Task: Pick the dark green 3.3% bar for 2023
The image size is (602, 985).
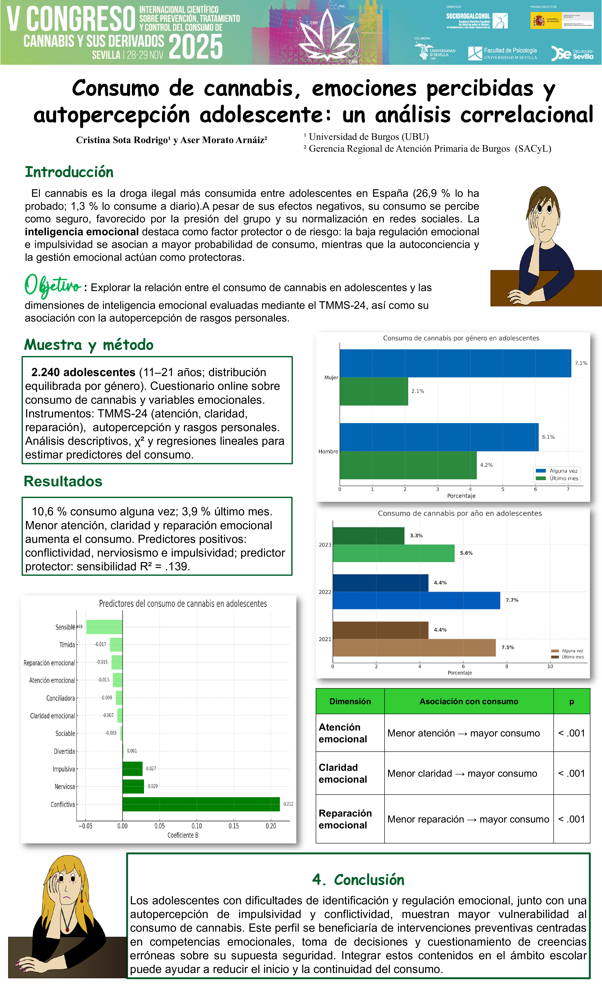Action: pos(368,536)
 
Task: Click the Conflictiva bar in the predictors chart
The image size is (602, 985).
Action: pos(201,804)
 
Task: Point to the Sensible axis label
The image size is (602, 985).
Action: pos(65,627)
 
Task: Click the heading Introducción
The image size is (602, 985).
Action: pos(69,172)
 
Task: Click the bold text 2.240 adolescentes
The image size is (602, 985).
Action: pos(83,372)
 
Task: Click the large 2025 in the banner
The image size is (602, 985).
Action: pos(196,47)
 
